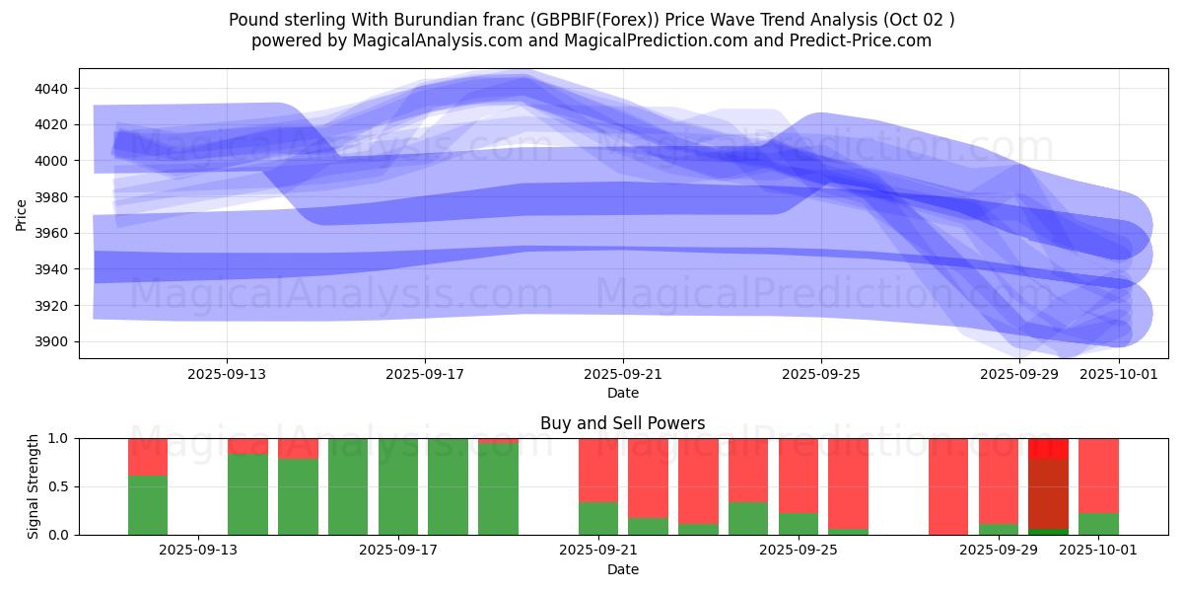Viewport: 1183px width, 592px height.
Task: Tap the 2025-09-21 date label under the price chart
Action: (623, 375)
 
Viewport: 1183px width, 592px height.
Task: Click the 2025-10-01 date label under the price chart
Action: (1119, 375)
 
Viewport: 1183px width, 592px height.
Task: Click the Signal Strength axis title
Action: (34, 486)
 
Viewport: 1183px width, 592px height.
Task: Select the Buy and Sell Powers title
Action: (622, 423)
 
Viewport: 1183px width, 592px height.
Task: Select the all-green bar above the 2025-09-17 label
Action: (398, 486)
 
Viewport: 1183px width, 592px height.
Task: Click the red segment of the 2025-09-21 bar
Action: (598, 470)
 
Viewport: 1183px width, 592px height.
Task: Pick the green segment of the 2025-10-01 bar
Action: (1098, 524)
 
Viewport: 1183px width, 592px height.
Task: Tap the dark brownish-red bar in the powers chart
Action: (1048, 493)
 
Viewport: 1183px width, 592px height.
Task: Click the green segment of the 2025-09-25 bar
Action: (799, 524)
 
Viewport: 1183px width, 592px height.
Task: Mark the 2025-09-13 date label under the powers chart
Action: (199, 551)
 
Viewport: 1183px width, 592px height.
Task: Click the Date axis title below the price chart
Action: (622, 393)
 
